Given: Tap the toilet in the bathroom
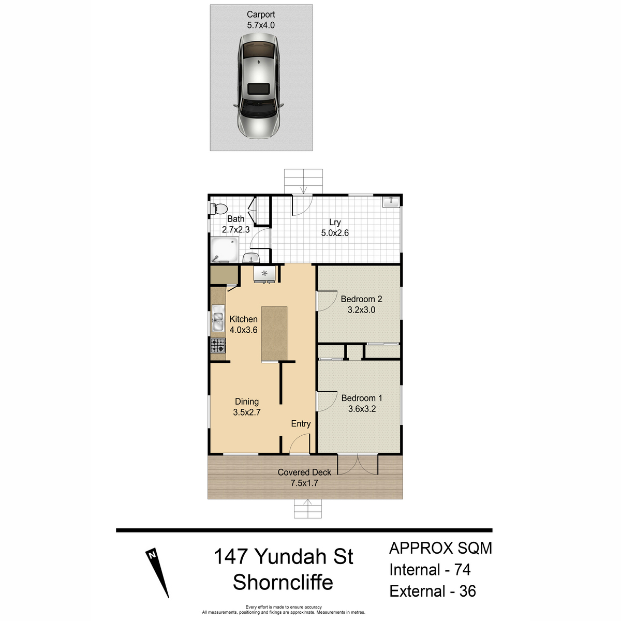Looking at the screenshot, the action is coord(218,209).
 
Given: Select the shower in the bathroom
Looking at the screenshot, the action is coord(224,250).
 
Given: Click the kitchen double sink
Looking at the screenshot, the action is coord(218,318).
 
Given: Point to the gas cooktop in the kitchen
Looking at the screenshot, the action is coord(218,345).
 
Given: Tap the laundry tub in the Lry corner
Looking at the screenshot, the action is coord(391,201).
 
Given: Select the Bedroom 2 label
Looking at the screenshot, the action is coord(361,299).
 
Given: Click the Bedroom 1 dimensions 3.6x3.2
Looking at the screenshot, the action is coord(362,409).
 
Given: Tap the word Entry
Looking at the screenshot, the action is coord(301,423).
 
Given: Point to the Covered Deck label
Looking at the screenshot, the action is coord(304,472).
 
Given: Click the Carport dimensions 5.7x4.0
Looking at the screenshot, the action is coord(261,25).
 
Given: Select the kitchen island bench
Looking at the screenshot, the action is coord(274,334).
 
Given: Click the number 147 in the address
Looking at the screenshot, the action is coord(231,556).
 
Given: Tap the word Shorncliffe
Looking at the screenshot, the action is coord(283,582).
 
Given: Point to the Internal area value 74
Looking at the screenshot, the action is coord(463,569).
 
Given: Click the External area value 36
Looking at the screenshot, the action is coord(467,591).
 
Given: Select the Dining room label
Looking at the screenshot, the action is coord(247,402).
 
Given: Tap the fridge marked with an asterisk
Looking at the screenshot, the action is coord(264,274).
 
